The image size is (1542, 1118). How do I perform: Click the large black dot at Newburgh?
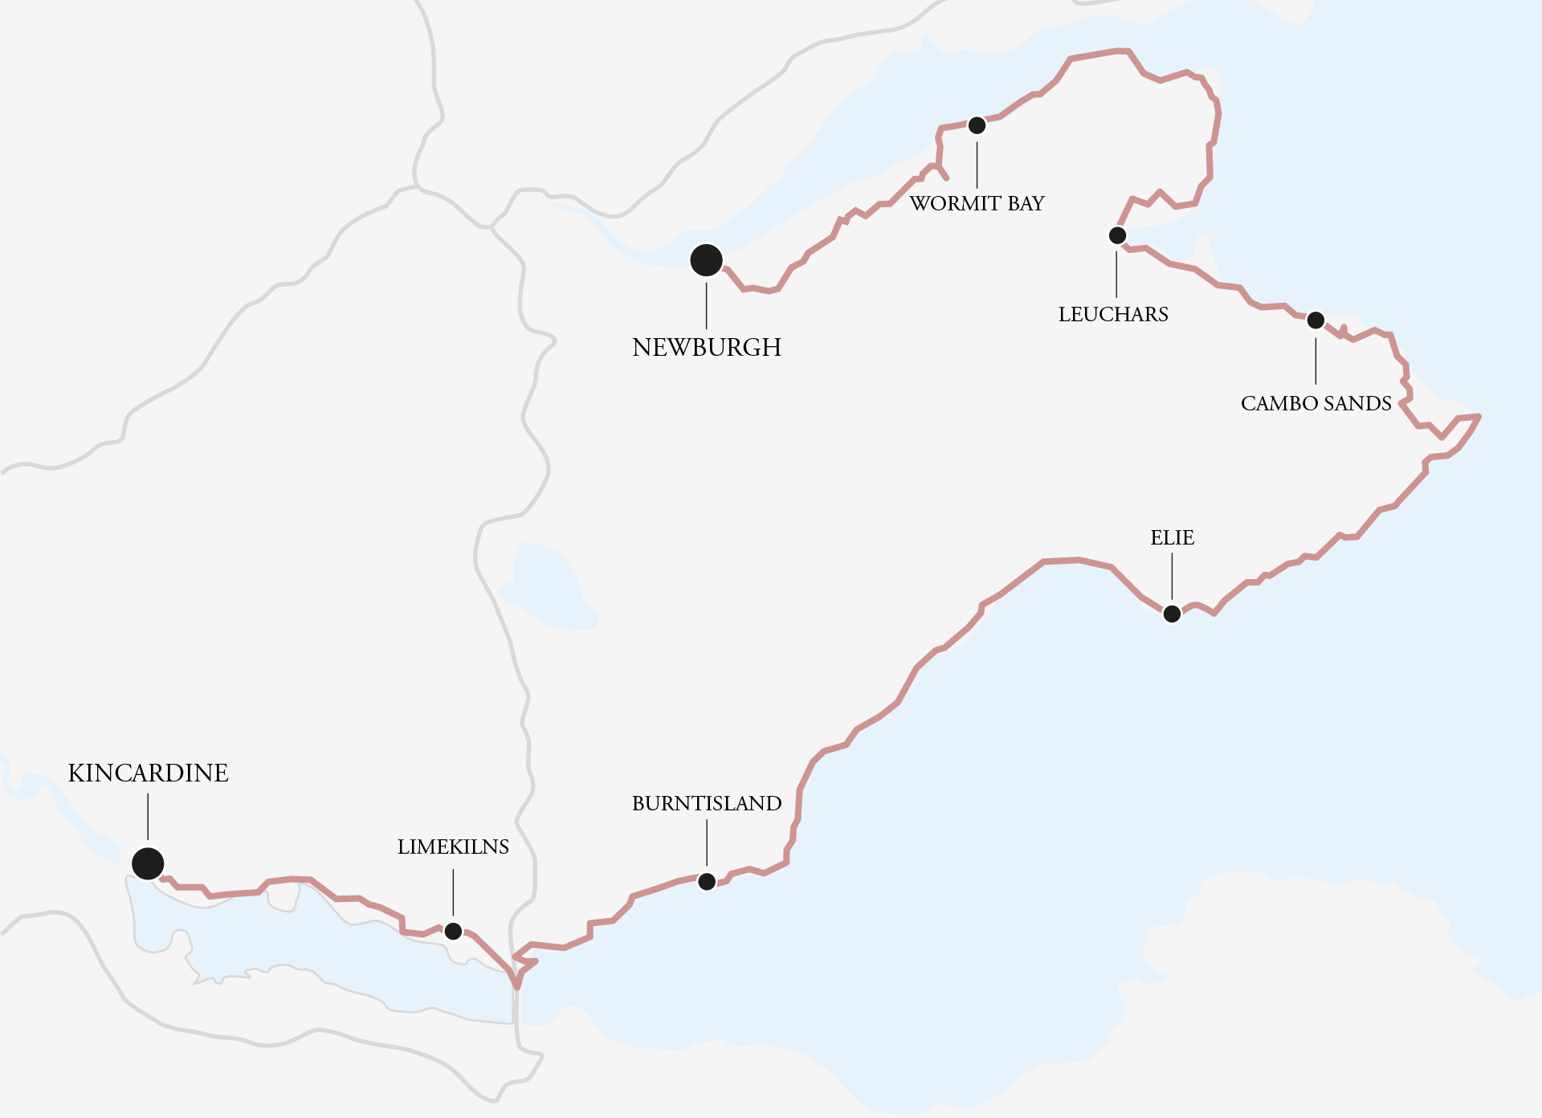pos(706,260)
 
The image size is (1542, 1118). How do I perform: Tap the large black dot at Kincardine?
pos(148,863)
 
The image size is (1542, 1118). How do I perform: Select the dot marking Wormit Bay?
pos(977,125)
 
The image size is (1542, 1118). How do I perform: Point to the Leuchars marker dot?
pos(1117,235)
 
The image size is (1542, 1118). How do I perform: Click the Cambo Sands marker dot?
pos(1316,320)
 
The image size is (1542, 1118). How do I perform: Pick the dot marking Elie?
pos(1172,614)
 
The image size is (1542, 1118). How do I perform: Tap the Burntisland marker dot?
pos(707,882)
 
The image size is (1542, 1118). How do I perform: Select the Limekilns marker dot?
pos(453,931)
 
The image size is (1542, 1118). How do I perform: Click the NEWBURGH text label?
pos(707,347)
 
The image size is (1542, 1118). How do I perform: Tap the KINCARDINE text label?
pos(148,773)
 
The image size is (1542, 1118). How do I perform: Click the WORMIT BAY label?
pos(977,203)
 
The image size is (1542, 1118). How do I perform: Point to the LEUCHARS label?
pos(1113,314)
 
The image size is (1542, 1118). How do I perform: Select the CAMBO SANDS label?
pos(1316,403)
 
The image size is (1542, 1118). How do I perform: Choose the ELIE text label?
pos(1172,537)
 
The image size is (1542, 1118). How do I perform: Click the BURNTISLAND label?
pos(707,803)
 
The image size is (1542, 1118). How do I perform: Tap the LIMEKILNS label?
pos(453,847)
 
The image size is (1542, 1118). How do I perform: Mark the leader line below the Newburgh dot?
pos(707,305)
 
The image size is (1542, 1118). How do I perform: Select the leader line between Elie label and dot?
pos(1172,576)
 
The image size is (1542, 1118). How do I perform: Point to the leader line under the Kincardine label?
pos(148,817)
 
